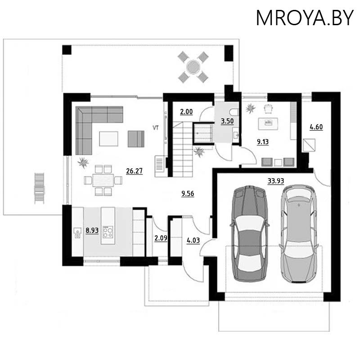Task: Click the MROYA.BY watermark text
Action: coord(304,18)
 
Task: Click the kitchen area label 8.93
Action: coord(92,230)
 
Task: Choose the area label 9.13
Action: coord(262,142)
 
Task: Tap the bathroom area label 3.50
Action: coord(226,121)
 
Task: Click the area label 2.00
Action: coord(186,112)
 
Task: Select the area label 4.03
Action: coord(193,239)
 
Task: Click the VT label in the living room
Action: coord(156,128)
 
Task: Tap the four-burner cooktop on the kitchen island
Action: coord(108,231)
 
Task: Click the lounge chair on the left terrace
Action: coord(40,188)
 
